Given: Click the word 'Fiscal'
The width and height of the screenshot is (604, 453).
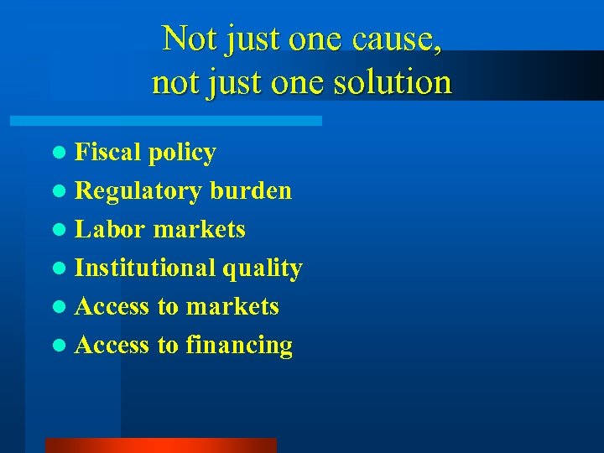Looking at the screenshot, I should click(108, 152).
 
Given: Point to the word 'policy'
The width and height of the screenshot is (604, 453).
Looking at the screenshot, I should click(182, 154).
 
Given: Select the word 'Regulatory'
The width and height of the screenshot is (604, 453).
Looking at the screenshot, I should click(138, 191).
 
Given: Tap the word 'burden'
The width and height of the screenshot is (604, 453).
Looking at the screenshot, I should click(251, 190).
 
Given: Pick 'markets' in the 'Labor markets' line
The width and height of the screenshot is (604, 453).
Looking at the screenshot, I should click(200, 229).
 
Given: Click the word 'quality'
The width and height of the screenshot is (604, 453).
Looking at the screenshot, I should click(262, 268).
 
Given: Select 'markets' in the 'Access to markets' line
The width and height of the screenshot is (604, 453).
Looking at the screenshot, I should click(232, 306).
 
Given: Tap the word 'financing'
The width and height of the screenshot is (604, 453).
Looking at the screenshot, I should click(239, 346).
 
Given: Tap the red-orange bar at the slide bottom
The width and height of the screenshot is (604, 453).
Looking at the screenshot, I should click(160, 445).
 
